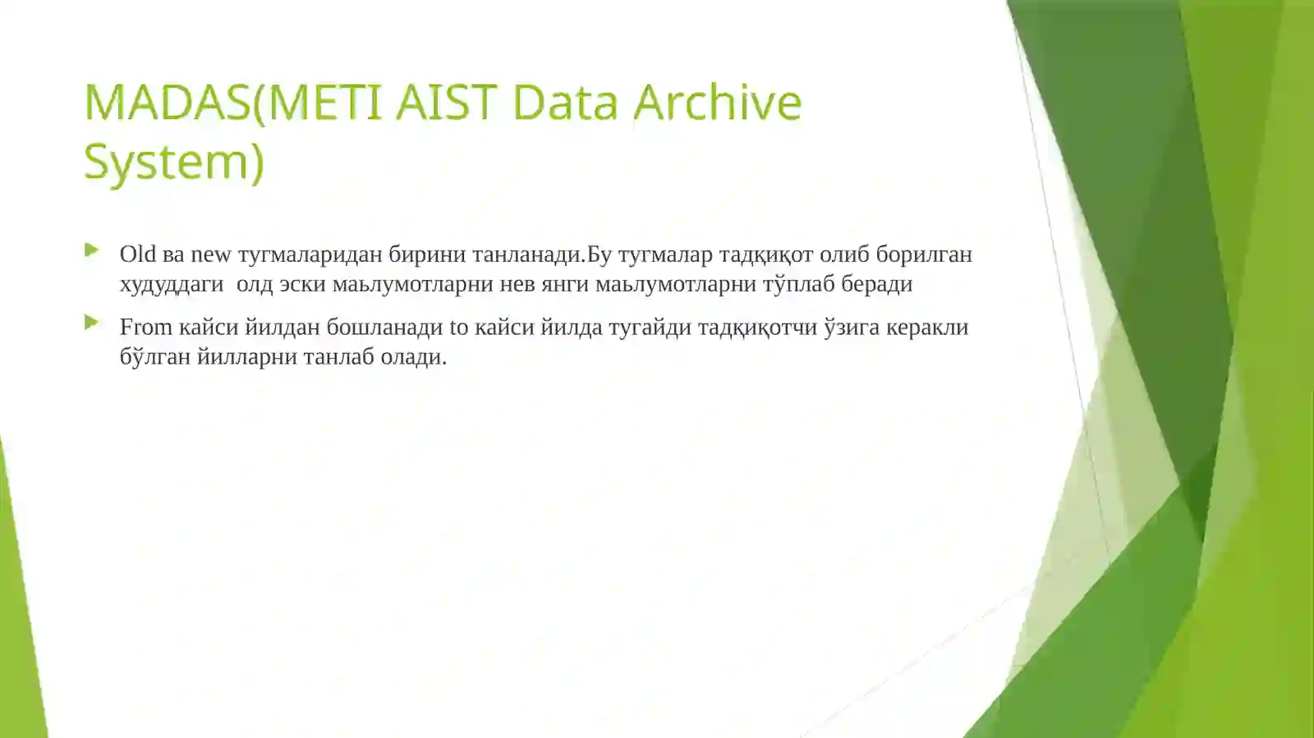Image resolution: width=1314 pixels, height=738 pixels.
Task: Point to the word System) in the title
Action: (x=174, y=161)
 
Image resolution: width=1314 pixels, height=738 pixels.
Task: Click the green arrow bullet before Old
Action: (x=91, y=250)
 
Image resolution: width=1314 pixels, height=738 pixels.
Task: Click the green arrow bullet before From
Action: (x=91, y=323)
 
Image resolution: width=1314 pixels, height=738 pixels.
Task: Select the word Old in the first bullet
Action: (x=137, y=254)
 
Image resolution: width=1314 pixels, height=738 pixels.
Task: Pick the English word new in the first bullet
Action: (x=210, y=254)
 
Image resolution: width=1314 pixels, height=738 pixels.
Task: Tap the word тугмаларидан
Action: (x=310, y=254)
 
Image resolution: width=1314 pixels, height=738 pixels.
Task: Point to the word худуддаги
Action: (x=171, y=284)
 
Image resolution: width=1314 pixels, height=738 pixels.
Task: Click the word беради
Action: (x=876, y=284)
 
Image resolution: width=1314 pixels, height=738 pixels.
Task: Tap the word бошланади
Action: (x=384, y=328)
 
